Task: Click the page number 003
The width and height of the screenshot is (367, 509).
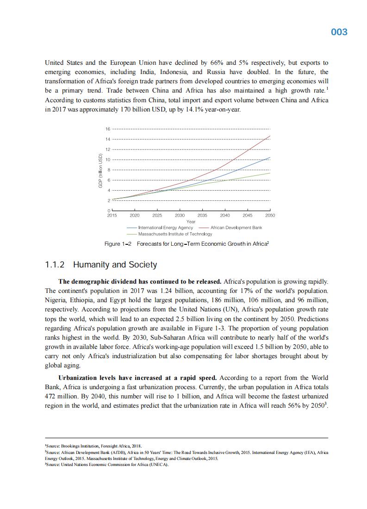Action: [x=339, y=32]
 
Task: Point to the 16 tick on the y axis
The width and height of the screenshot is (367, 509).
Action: [x=108, y=129]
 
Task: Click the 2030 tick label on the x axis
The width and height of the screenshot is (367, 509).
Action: [x=180, y=215]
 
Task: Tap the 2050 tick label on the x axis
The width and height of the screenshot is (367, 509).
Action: [x=270, y=215]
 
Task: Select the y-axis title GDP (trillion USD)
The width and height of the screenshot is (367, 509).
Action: [x=100, y=171]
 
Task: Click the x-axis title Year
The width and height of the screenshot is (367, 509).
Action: [x=191, y=222]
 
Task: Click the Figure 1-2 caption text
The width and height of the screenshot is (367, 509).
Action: [x=187, y=243]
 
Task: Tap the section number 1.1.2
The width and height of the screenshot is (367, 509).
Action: [x=55, y=265]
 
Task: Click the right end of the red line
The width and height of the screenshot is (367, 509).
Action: [x=270, y=136]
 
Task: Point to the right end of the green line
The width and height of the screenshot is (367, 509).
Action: [x=270, y=173]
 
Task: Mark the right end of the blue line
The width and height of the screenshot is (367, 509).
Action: [x=270, y=157]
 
